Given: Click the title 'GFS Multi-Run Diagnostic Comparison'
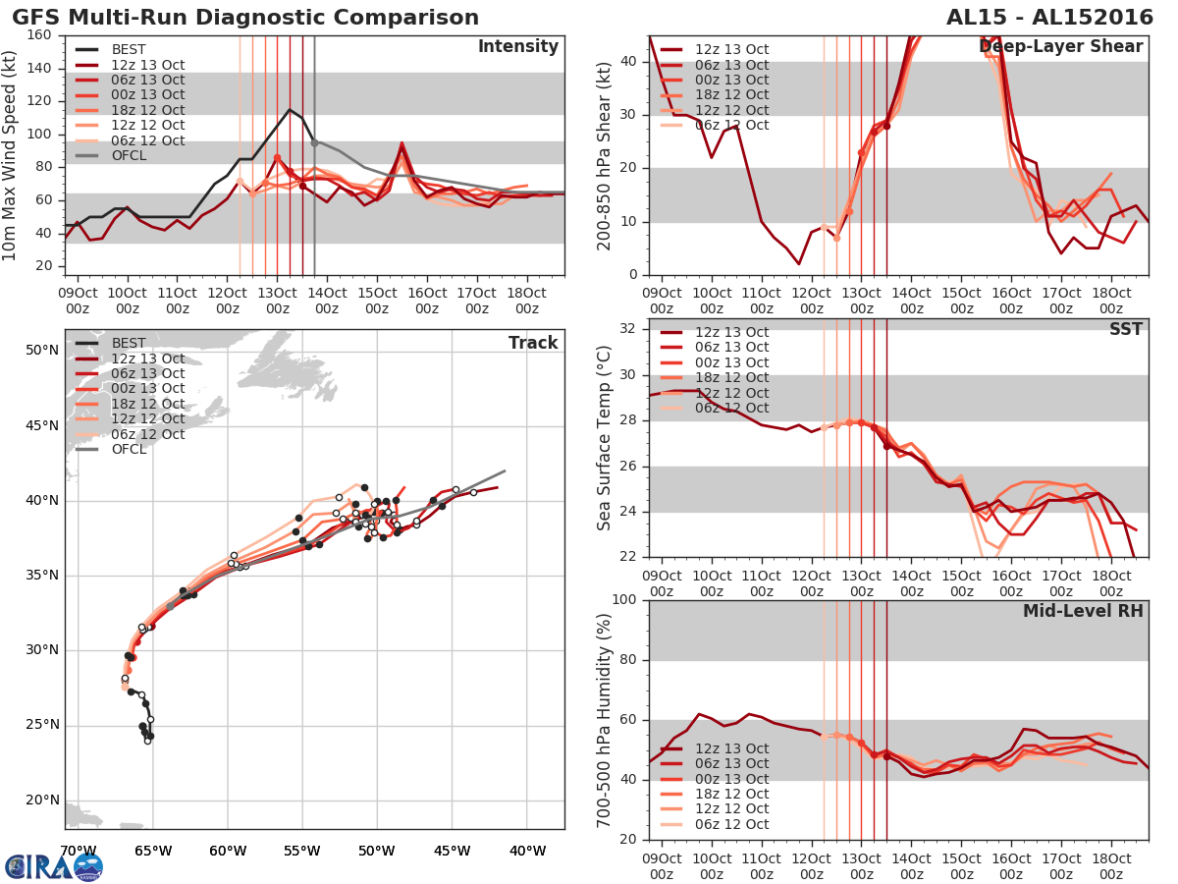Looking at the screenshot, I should point(245,18).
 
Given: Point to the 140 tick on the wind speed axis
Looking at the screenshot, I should point(40,68).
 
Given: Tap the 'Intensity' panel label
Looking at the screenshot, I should point(517,47).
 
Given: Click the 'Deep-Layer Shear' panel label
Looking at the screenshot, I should point(1060,47).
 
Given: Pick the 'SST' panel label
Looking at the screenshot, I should point(1125,329).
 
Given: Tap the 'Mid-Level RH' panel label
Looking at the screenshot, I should point(1083,611).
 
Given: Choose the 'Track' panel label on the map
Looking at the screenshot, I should point(533,343).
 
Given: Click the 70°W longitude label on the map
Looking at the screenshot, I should point(78,851).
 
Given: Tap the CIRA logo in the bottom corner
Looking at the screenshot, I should point(54,866).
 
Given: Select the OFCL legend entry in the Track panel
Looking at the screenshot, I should point(129,449).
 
